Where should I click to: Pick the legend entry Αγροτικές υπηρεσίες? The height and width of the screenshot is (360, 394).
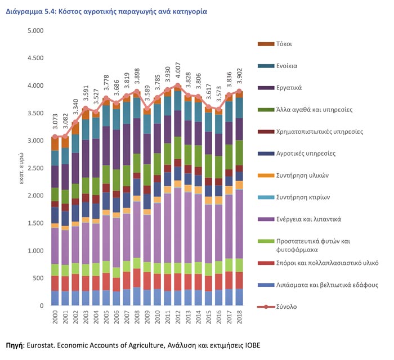pos(306,153)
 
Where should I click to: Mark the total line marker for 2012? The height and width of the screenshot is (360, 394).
pos(178,86)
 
